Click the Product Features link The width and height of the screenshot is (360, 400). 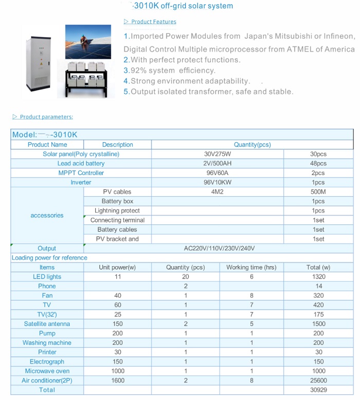[153, 22]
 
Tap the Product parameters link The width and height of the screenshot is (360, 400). [46, 117]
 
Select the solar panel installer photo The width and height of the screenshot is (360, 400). [88, 42]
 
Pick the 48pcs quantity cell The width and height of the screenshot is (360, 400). [318, 163]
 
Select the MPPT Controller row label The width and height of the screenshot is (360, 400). [81, 173]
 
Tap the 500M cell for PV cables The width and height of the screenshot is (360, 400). [318, 192]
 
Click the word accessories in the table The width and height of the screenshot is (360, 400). [47, 215]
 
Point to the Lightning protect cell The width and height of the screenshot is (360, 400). [117, 211]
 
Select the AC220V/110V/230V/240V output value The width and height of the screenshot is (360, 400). [219, 248]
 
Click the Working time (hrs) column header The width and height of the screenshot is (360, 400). [251, 267]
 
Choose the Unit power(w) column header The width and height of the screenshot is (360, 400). [117, 267]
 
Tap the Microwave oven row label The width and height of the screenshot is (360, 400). [47, 371]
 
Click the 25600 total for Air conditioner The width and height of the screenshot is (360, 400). [318, 380]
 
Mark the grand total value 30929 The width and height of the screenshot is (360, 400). [318, 390]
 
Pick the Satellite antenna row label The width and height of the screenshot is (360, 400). [47, 324]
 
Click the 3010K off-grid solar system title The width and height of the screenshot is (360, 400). [183, 6]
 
